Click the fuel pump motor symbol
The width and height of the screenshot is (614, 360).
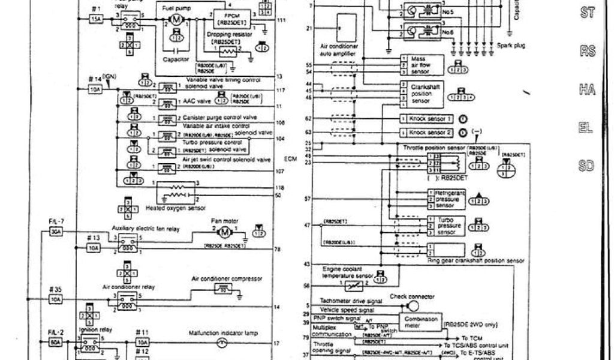tap(176, 20)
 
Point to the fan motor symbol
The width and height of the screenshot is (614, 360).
tap(224, 232)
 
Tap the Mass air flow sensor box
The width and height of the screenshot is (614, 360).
tap(422, 63)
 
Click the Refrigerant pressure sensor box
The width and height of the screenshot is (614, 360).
tap(443, 199)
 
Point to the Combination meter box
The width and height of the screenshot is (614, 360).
tap(422, 320)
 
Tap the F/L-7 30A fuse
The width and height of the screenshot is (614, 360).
tap(56, 231)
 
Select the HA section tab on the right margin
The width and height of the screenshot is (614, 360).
tap(586, 89)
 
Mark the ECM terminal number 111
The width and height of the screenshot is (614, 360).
tap(281, 20)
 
